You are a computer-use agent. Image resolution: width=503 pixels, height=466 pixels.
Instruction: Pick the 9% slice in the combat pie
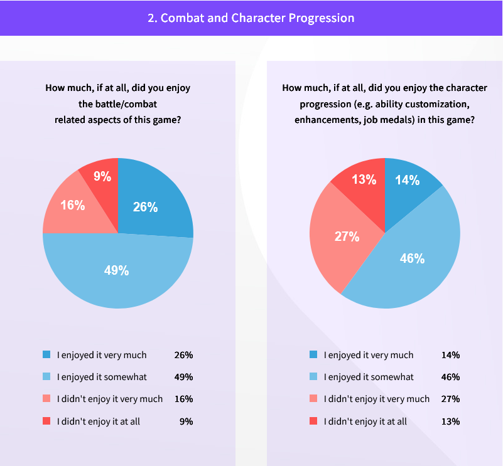pos(102,177)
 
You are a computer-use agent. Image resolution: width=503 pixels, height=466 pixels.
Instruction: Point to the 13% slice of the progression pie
pos(362,180)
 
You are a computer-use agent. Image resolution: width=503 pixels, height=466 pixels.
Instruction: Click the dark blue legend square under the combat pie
pos(46,355)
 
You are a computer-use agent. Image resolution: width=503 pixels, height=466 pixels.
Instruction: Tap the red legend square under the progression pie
pos(313,421)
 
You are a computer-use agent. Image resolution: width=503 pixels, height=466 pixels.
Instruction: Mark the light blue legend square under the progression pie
pos(313,377)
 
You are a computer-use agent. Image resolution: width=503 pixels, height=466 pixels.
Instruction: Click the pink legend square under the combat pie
pos(46,399)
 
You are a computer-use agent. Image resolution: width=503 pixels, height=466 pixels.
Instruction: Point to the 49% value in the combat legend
pos(183,377)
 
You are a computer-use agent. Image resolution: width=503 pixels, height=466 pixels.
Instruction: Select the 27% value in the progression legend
pos(450,399)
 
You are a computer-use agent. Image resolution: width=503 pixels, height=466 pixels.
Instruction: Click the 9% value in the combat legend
pos(186,421)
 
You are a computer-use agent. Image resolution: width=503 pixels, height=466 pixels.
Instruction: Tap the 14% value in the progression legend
pos(450,355)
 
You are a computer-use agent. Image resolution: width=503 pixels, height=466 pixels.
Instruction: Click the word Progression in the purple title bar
pos(322,18)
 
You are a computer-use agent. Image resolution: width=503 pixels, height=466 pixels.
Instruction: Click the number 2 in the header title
pos(151,18)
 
